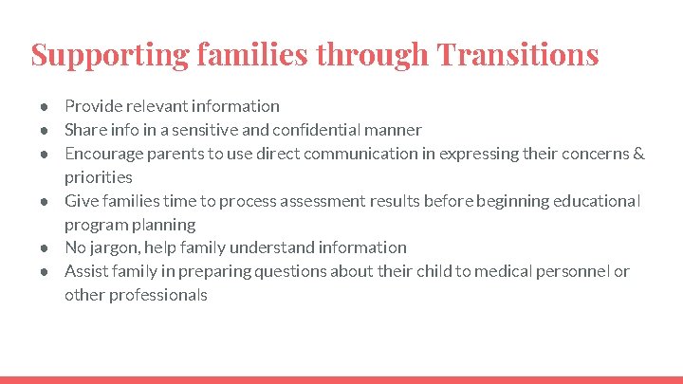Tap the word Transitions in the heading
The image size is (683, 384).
(x=517, y=54)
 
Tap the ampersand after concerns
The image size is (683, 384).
(x=638, y=154)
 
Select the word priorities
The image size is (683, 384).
(x=99, y=177)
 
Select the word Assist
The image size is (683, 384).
(x=86, y=271)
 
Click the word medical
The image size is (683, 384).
(x=509, y=271)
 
